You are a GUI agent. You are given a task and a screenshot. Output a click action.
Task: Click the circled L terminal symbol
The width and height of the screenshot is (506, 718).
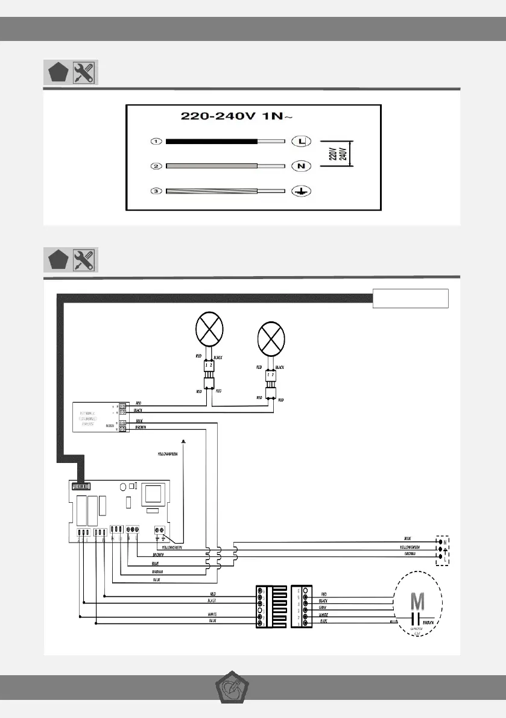300,142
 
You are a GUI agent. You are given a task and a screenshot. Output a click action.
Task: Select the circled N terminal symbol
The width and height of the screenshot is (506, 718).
300,166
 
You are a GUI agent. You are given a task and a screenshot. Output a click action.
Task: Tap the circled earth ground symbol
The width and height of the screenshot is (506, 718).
300,191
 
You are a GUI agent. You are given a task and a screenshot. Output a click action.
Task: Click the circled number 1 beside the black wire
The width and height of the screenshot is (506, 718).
156,142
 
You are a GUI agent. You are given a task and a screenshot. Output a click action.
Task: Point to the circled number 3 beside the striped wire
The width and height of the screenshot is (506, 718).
156,191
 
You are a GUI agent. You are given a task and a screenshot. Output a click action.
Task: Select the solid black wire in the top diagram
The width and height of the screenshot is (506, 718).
211,142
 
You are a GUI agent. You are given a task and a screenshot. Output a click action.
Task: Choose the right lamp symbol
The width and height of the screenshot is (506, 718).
271,338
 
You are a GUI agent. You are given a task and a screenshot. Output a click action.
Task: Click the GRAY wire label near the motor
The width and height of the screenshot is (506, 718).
323,607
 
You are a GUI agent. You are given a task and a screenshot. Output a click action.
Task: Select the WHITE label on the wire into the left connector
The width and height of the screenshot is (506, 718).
212,614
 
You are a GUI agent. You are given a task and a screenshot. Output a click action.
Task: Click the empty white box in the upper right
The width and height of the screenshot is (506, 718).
411,298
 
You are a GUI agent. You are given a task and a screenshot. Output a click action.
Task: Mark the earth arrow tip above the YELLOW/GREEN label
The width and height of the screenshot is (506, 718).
183,441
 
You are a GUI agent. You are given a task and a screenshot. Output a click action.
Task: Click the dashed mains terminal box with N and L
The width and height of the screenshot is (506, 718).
445,549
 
